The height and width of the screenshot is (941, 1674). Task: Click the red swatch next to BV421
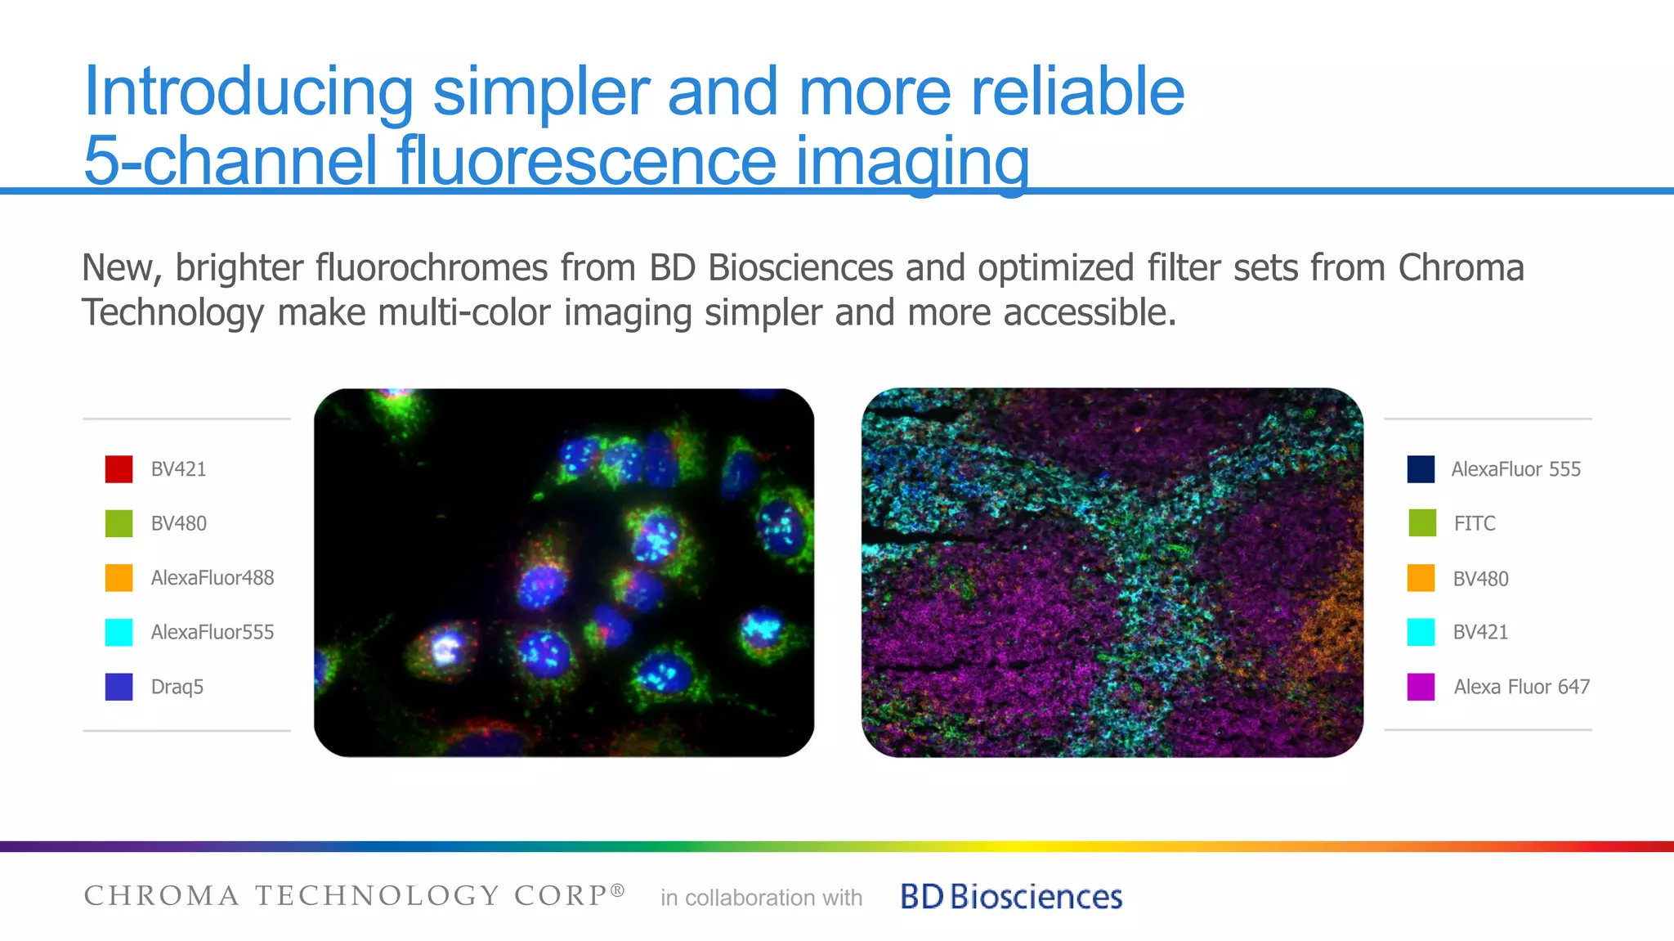pos(119,469)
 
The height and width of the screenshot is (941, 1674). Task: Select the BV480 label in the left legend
pos(178,523)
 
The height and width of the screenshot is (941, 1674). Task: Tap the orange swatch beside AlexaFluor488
pos(119,577)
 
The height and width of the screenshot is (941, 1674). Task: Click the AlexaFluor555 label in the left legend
pos(212,632)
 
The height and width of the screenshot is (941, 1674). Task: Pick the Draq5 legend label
pos(177,687)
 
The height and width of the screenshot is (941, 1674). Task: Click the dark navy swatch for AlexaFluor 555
pos(1421,469)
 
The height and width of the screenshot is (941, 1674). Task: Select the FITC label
pos(1474,523)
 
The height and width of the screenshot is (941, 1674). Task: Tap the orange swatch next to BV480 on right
pos(1421,578)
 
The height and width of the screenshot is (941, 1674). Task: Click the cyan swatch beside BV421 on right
pos(1421,632)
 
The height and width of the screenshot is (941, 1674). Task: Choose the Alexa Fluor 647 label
pos(1521,687)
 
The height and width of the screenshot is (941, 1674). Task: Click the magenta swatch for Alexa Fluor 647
pos(1421,687)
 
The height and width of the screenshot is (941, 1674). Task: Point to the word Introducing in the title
pos(248,92)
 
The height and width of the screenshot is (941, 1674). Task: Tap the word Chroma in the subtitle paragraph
pos(1461,268)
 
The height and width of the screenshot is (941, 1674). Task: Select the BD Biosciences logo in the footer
pos(1011,897)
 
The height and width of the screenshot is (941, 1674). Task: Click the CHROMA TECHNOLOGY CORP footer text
pos(354,895)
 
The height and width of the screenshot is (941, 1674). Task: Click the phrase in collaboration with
pos(761,898)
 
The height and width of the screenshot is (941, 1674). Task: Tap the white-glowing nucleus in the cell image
pos(445,648)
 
